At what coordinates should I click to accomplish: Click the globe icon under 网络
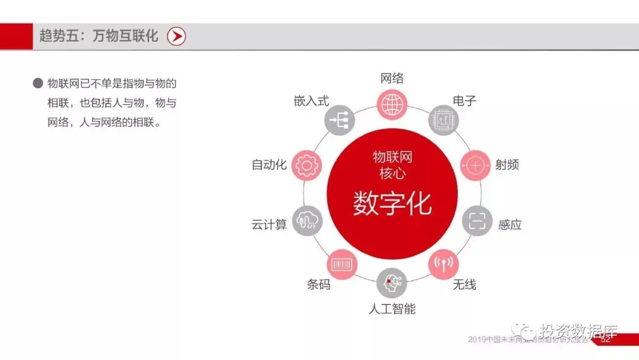click(392, 105)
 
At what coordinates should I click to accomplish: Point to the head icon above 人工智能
click(392, 283)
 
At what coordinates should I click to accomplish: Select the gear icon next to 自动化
click(306, 165)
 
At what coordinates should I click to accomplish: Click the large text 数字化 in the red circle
click(392, 203)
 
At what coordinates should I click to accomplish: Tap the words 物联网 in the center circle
click(392, 157)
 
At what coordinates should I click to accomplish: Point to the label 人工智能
click(392, 308)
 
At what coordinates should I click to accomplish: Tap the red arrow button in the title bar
click(176, 37)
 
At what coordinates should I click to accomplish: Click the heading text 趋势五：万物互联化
click(99, 36)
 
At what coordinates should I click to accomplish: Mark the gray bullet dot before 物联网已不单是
click(38, 83)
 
